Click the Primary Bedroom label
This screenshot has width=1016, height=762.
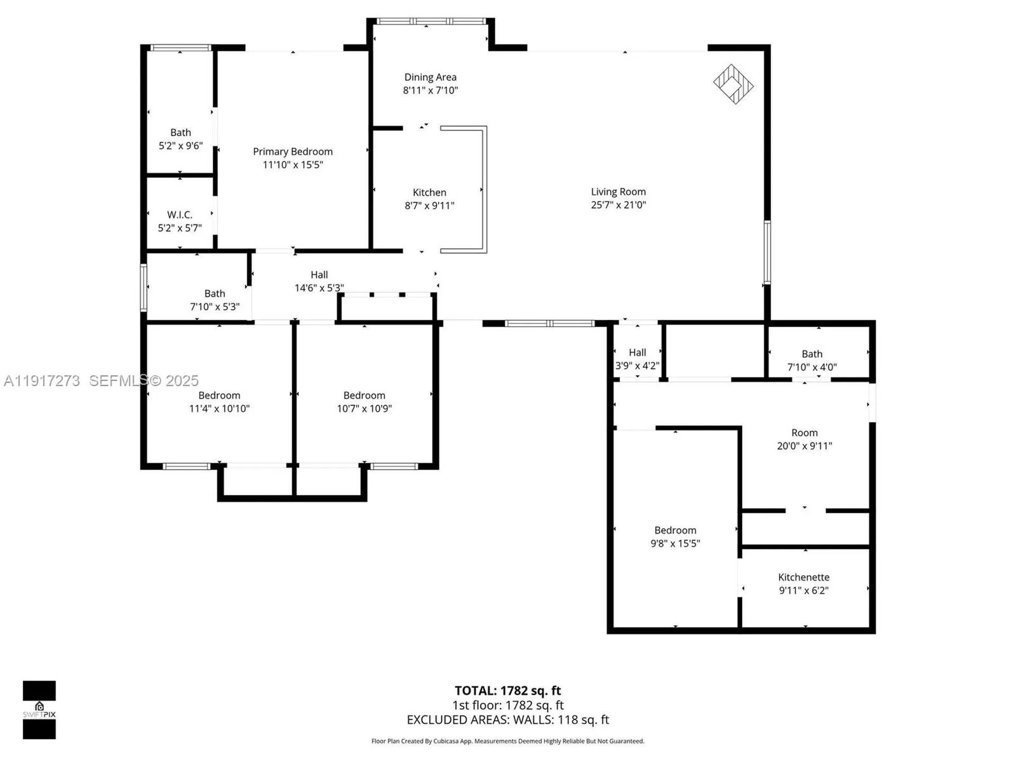(x=293, y=151)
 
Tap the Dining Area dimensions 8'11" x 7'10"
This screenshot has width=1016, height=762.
(x=430, y=90)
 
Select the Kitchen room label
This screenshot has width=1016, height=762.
(x=429, y=193)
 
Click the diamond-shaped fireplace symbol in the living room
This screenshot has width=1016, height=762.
(x=733, y=84)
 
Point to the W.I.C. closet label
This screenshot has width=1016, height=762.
(x=179, y=215)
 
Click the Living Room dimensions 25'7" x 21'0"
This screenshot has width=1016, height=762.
(x=618, y=205)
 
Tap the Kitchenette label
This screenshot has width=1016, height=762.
(x=803, y=577)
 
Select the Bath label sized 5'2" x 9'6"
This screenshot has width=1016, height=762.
(x=180, y=133)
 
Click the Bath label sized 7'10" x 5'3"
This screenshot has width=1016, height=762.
(x=214, y=294)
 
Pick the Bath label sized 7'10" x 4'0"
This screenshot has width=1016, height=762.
(x=812, y=354)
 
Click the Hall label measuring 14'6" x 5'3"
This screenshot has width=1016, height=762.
(x=319, y=275)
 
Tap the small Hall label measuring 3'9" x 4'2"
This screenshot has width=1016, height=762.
(x=637, y=352)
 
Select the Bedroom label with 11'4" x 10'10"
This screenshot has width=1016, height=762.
(x=219, y=395)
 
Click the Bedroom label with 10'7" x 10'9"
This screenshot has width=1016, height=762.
(x=364, y=395)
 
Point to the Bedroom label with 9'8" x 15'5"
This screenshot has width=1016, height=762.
(x=675, y=530)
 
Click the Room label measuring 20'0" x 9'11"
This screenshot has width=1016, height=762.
(x=804, y=433)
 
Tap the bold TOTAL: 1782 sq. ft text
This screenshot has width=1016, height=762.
(x=507, y=691)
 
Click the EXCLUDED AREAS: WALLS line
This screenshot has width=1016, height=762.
(x=507, y=720)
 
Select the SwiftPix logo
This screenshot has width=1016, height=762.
(x=39, y=710)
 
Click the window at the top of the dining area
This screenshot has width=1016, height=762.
(x=431, y=21)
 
